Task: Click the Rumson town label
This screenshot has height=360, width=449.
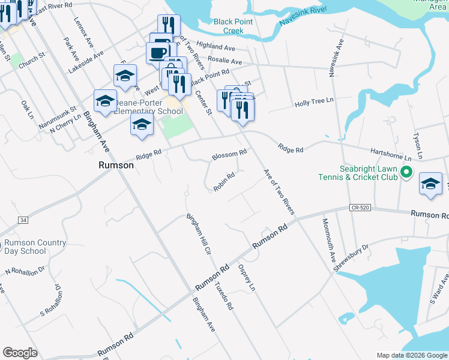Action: click(116, 164)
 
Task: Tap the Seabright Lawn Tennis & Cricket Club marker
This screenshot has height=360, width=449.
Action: click(406, 173)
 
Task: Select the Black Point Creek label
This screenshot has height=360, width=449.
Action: click(229, 26)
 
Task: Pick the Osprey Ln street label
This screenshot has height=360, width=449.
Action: click(247, 277)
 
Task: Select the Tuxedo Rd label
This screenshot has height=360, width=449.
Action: click(224, 296)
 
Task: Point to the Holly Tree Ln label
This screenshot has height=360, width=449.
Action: click(314, 103)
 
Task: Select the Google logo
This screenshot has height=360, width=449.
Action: click(20, 353)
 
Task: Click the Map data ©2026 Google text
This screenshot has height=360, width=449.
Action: click(412, 355)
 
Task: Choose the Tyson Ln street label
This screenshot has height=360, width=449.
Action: click(417, 146)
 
